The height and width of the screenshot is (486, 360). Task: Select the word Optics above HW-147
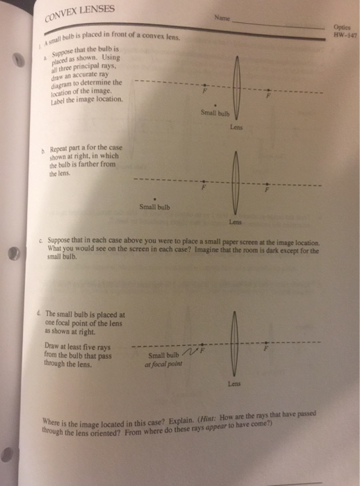tap(343, 28)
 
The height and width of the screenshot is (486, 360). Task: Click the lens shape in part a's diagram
tap(236, 89)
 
